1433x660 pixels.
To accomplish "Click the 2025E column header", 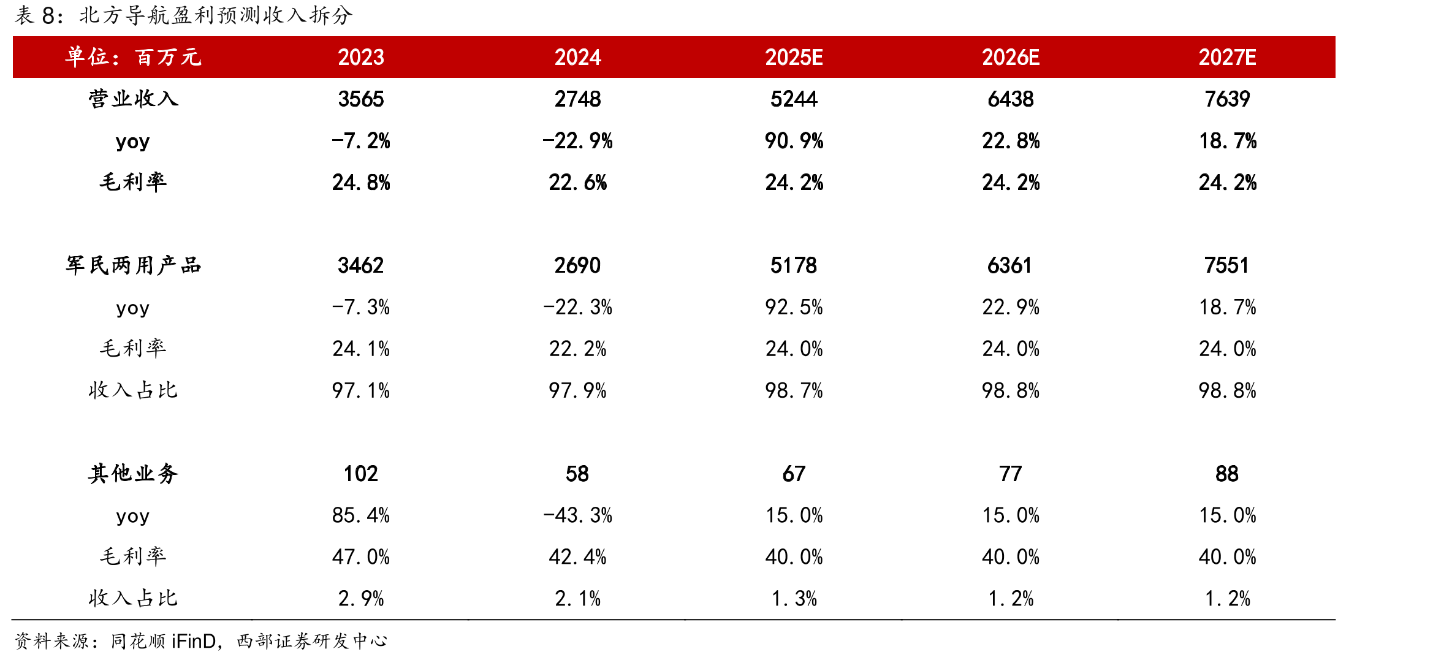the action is [794, 57].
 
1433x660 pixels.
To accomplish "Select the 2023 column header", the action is [361, 57].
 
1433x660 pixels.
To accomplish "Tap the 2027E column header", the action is [1227, 57].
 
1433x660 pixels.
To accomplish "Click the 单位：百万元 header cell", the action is [133, 57].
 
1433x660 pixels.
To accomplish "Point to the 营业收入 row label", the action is [133, 99].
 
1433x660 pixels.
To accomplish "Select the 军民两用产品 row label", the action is [133, 265].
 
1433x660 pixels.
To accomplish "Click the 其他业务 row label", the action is [133, 474].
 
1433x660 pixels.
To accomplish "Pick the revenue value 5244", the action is [794, 99].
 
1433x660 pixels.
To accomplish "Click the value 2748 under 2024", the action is [577, 99].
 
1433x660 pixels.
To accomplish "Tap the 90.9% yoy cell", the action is [794, 141].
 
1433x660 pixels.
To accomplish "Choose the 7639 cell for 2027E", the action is [1227, 99].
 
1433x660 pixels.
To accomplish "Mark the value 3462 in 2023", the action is [361, 265].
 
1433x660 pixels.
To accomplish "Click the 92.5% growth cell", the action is [794, 307].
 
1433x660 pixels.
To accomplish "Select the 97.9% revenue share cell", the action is [577, 390].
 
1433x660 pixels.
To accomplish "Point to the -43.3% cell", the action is [577, 515].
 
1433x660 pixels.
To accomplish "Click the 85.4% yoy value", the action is [361, 515].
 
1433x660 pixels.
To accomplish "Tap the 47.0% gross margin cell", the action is [361, 557].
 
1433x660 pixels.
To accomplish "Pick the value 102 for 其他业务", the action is [361, 474].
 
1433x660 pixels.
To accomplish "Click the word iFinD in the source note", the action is [194, 641].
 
